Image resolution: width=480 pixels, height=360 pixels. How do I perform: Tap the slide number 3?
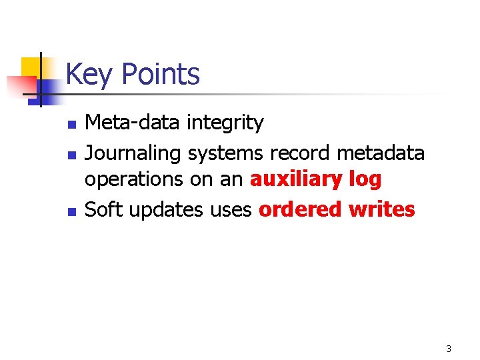click(x=449, y=349)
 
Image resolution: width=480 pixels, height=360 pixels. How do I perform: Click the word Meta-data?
click(x=133, y=123)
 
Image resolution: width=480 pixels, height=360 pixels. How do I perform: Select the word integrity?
click(x=225, y=123)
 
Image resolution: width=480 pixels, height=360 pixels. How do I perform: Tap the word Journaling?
click(x=133, y=154)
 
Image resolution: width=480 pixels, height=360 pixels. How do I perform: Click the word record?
click(x=300, y=153)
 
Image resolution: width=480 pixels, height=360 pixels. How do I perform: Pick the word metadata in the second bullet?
click(x=381, y=153)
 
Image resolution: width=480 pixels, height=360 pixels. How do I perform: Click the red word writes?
click(x=382, y=209)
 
